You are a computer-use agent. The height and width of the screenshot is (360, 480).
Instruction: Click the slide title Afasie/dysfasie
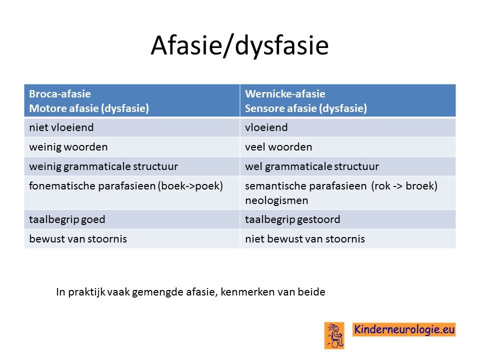click(239, 45)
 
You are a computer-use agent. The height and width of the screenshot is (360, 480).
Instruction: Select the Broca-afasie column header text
click(60, 93)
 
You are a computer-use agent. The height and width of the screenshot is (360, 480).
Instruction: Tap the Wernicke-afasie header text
click(285, 93)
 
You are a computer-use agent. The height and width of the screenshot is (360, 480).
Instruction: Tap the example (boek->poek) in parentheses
click(190, 186)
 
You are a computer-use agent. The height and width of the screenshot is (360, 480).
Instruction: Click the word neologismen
click(276, 201)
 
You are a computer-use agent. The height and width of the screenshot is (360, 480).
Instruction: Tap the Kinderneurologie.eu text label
click(404, 329)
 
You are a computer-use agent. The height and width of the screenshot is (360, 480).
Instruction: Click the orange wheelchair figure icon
click(334, 335)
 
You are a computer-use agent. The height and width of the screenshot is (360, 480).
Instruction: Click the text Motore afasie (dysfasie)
click(89, 108)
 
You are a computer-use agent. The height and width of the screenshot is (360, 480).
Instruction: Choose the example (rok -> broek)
click(404, 186)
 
